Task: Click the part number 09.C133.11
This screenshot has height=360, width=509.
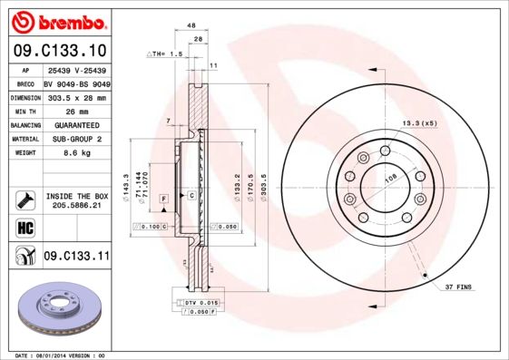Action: tap(76, 258)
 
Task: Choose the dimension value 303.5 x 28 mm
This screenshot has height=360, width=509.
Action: tap(75, 96)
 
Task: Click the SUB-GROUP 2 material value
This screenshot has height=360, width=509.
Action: tap(75, 139)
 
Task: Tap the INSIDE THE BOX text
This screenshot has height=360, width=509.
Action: tap(76, 195)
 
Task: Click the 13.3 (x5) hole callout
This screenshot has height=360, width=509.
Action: tap(419, 123)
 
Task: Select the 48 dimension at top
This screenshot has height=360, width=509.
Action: tap(192, 27)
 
